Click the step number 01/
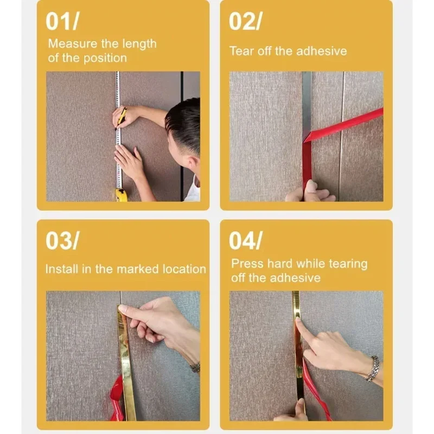63,22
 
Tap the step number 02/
246,22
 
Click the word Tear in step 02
240,52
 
